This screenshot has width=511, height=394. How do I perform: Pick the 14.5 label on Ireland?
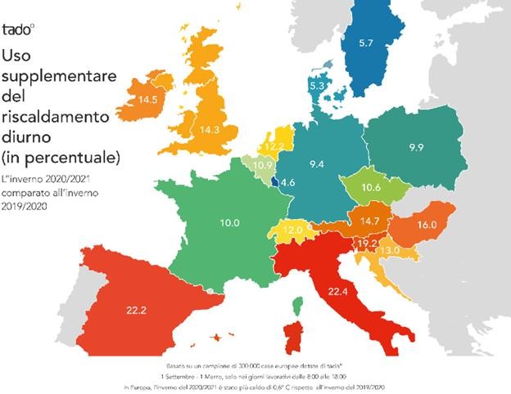coord(148,100)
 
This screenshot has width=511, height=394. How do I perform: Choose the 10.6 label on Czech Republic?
coord(370,188)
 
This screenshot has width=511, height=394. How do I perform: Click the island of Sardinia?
coord(292,338)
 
